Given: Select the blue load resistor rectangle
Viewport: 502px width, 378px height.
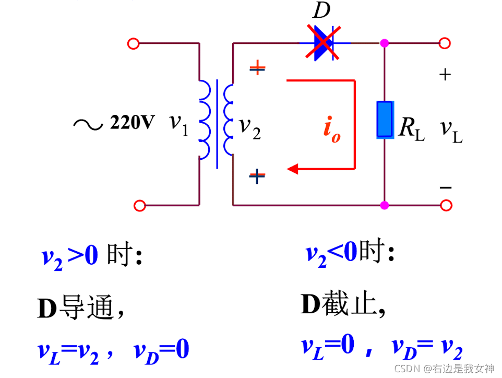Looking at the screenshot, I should pos(385,120).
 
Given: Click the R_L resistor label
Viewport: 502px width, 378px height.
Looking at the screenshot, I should pos(411,127).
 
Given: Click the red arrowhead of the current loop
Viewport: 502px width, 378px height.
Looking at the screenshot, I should pos(292,169).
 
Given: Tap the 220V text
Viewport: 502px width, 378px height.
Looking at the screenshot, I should pos(132,123).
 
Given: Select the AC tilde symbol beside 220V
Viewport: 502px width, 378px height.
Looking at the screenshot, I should pos(88,124).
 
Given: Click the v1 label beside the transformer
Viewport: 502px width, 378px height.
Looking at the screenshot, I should pos(178,124).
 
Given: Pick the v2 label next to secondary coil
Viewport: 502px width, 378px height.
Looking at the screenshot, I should pos(249,127).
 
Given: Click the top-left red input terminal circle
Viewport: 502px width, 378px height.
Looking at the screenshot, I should pos(133,44).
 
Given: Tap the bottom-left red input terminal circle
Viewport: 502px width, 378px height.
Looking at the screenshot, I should pos(139,206).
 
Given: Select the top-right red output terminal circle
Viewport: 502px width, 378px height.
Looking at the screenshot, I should pos(445,44).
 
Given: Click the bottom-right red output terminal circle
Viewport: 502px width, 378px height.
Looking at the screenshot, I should pos(445,205).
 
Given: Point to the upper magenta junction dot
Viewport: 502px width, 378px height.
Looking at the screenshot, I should pos(385,43).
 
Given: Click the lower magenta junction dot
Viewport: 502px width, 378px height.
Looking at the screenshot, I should pos(385,205).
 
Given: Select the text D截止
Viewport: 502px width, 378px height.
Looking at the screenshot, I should pos(343,305).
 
